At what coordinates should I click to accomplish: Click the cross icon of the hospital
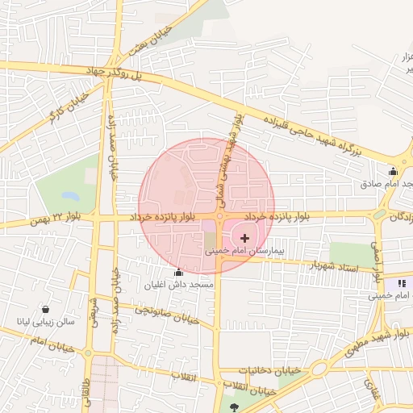point(245,238)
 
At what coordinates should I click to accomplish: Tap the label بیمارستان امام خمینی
point(245,252)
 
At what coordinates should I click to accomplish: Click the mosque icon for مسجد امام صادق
point(393,171)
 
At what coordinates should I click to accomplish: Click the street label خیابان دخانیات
point(265,370)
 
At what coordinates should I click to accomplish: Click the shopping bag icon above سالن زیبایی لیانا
point(45,309)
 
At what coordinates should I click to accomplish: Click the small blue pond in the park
point(70,196)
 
